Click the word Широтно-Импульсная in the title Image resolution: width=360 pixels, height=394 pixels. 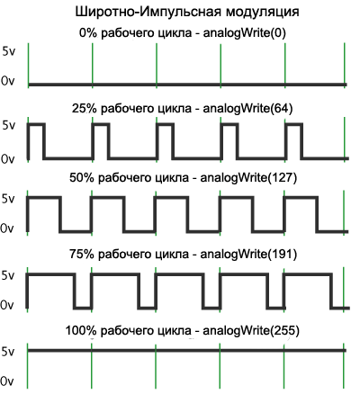(148, 13)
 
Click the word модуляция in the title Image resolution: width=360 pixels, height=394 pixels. (262, 13)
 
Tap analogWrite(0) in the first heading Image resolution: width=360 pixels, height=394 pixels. (244, 32)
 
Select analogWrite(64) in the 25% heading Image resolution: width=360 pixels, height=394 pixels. (247, 108)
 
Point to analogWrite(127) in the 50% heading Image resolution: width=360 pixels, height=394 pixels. (248, 177)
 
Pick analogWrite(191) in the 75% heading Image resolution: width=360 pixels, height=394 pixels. (248, 254)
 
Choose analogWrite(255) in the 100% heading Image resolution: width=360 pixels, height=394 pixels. (251, 330)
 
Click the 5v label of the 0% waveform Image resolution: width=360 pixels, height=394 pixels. (8, 51)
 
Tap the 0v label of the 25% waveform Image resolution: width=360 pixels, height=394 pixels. (7, 159)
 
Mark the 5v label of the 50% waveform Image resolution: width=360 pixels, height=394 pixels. (8, 199)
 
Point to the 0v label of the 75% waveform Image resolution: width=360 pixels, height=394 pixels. (7, 305)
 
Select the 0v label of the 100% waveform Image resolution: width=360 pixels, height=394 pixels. (7, 381)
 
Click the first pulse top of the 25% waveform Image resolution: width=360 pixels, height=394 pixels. (36, 124)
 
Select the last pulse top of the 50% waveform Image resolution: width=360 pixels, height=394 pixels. (301, 197)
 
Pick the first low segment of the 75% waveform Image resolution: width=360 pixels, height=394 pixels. (83, 308)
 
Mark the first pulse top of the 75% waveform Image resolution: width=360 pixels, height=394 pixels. (50, 274)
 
